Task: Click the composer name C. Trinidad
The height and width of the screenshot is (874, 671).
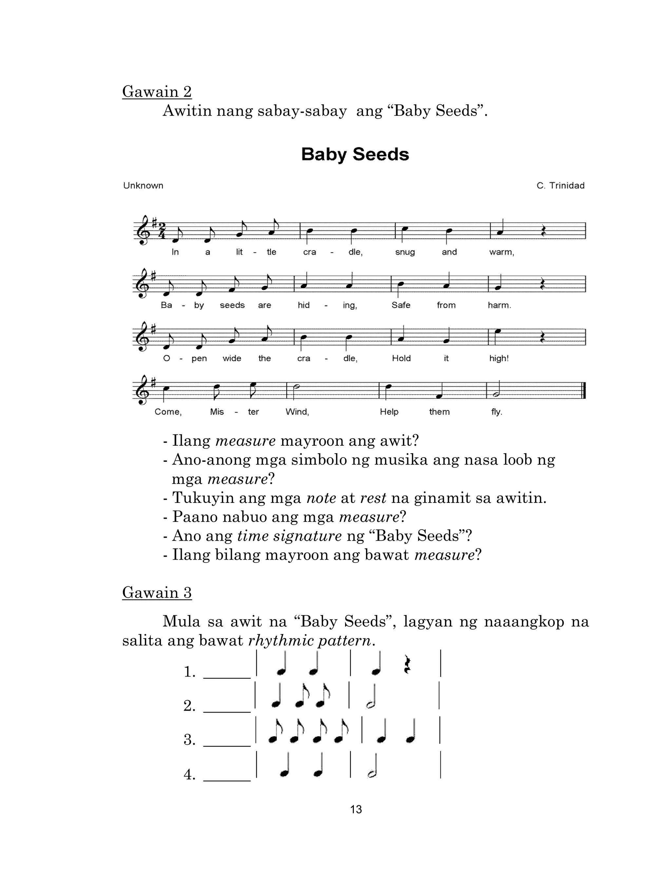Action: pyautogui.click(x=560, y=186)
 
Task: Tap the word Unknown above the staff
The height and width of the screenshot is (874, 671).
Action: pyautogui.click(x=143, y=186)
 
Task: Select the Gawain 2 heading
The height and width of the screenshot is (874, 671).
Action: pyautogui.click(x=157, y=92)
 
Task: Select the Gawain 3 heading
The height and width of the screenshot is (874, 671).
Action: pyautogui.click(x=157, y=592)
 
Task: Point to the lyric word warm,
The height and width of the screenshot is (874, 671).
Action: pyautogui.click(x=502, y=252)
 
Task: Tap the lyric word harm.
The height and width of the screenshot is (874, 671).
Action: pyautogui.click(x=499, y=305)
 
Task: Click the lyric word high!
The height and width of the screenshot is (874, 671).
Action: pyautogui.click(x=499, y=358)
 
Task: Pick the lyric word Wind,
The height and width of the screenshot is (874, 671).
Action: pyautogui.click(x=297, y=412)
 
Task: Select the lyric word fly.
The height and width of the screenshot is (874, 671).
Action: pyautogui.click(x=496, y=412)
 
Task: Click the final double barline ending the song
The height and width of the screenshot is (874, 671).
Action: pyautogui.click(x=584, y=390)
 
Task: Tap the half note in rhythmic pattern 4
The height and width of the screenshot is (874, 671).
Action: pyautogui.click(x=372, y=775)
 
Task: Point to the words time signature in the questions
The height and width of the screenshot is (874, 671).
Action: pyautogui.click(x=289, y=536)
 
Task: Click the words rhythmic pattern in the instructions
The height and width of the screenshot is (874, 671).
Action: pyautogui.click(x=310, y=641)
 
